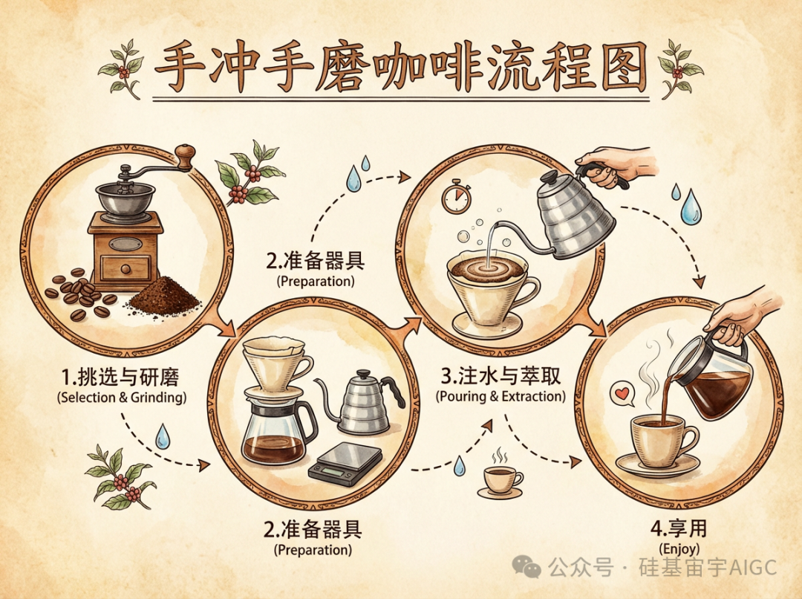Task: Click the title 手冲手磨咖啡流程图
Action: [400, 69]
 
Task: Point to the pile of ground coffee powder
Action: [163, 296]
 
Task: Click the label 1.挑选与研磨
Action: [122, 376]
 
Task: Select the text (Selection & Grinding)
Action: [122, 398]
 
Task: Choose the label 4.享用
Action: [679, 528]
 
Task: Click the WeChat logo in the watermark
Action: [532, 569]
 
